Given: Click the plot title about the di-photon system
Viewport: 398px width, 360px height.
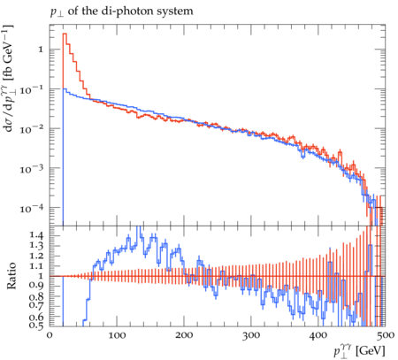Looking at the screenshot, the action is point(121,11).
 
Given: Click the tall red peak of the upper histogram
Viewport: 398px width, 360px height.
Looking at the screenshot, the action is point(65,34).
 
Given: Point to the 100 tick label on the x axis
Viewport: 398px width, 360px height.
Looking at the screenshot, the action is point(117,335).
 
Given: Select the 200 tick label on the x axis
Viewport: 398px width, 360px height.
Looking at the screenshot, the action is point(184,335).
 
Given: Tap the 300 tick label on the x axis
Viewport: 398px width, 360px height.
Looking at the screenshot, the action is point(251,335).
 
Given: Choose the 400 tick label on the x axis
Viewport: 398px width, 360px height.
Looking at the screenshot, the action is point(318,335).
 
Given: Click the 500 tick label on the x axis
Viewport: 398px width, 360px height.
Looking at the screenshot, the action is point(386,335).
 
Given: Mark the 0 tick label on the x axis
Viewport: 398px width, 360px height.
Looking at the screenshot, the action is point(50,335).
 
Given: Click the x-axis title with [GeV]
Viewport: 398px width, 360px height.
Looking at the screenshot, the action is point(359,351).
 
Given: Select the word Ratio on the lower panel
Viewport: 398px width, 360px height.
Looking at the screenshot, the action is point(11,275).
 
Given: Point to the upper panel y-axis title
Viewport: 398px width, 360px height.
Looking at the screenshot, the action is point(8,78).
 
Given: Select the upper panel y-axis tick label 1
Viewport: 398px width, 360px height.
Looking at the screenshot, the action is point(41,50).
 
